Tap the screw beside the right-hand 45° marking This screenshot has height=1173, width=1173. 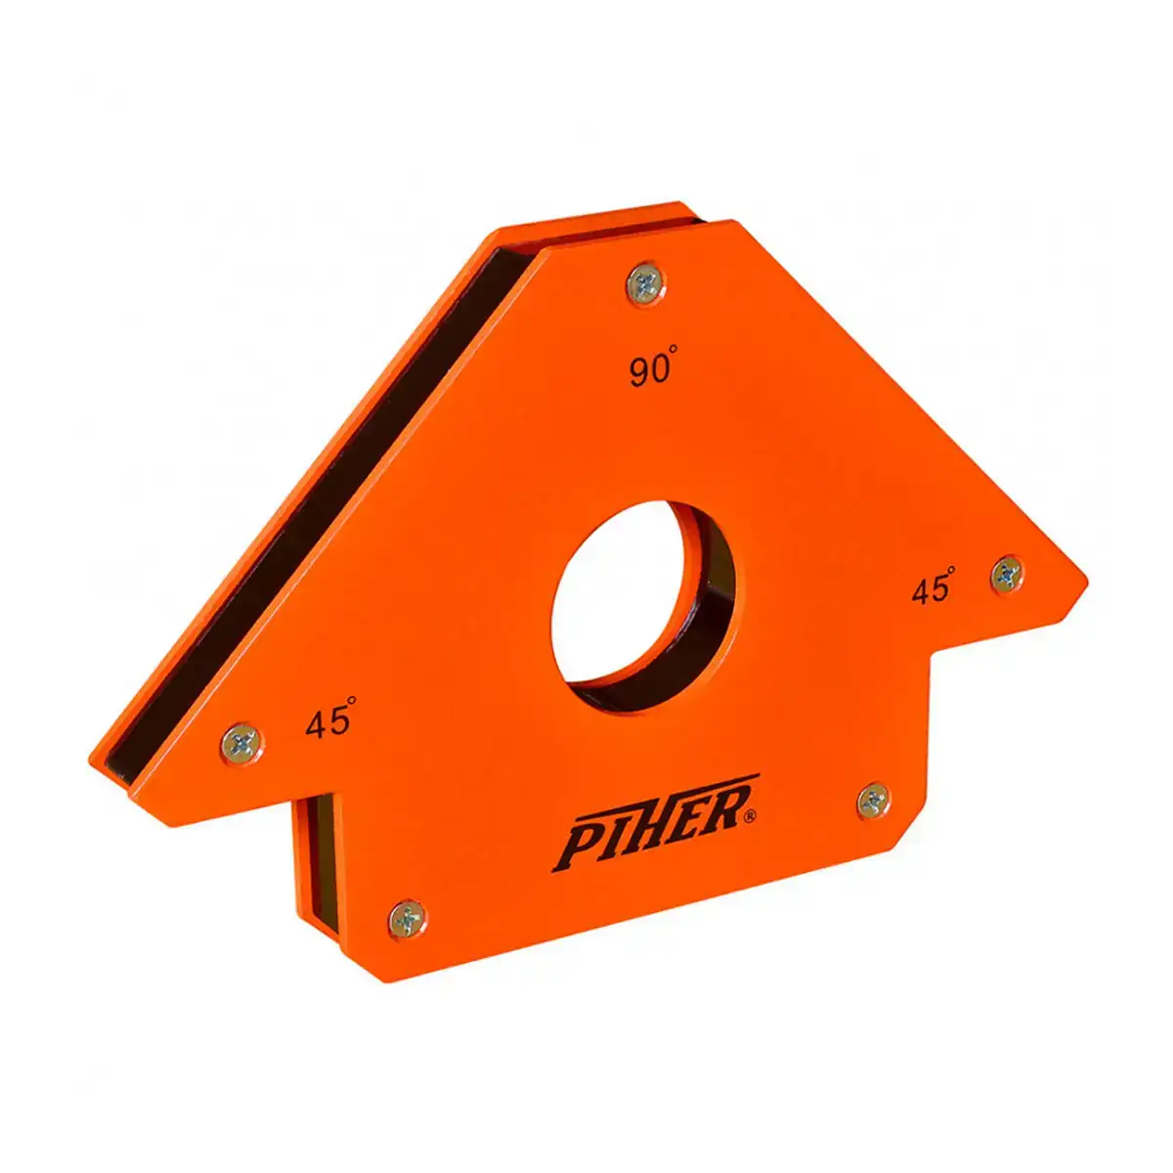click(1008, 575)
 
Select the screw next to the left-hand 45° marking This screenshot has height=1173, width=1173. click(240, 744)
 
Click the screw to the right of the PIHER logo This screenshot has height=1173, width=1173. click(874, 801)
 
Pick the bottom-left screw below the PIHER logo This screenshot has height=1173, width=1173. click(408, 918)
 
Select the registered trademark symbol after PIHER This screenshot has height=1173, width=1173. click(749, 814)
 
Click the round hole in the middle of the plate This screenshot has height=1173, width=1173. click(643, 606)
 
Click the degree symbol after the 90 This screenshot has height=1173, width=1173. click(673, 358)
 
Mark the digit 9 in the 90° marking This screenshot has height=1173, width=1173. click(638, 372)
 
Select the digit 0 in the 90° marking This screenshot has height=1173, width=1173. click(658, 370)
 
